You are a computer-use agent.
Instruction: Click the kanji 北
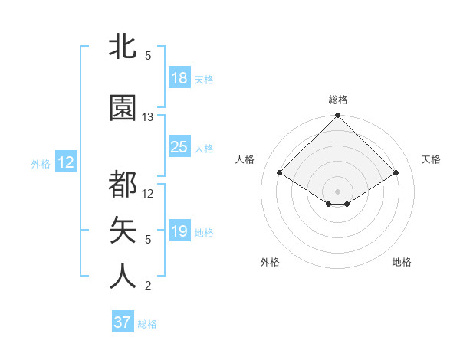123,46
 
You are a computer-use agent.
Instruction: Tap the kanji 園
123,108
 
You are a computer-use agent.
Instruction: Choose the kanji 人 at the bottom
123,277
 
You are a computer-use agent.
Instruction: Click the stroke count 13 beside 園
148,117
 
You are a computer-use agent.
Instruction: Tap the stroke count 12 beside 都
148,194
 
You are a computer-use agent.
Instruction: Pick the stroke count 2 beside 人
148,286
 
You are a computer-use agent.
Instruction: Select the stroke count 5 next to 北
148,56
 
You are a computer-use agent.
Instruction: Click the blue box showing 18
179,78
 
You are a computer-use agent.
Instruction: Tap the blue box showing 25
179,147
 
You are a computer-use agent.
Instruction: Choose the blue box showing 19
179,231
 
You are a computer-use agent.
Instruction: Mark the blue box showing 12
65,162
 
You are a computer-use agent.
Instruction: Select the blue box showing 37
123,322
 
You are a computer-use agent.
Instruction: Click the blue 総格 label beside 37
147,324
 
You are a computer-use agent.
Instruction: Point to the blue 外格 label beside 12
41,163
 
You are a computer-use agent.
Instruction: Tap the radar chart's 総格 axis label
337,100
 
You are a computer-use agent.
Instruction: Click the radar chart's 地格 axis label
402,262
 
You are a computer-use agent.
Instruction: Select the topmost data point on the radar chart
337,116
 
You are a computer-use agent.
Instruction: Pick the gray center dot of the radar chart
337,190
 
